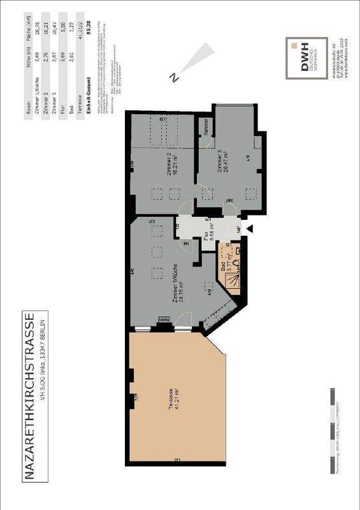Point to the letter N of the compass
point(173,78)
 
